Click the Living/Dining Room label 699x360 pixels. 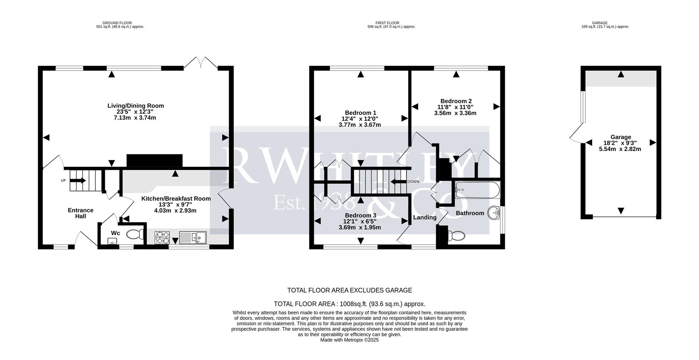(x=135, y=106)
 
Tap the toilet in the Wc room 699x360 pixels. (x=134, y=235)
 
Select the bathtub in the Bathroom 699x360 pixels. (x=477, y=190)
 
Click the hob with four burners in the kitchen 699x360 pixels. (x=162, y=238)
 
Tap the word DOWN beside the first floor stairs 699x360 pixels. (x=413, y=182)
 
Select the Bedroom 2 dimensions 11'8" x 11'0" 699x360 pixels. (x=455, y=107)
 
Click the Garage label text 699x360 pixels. (x=621, y=137)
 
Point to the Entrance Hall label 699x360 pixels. (x=80, y=213)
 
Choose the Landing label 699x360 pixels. (x=424, y=217)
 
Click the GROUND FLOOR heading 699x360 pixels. (x=117, y=23)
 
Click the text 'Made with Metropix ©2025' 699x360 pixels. (x=349, y=340)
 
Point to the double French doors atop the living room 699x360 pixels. (x=201, y=62)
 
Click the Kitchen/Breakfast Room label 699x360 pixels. (x=176, y=199)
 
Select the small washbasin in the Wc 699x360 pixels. (x=112, y=240)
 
